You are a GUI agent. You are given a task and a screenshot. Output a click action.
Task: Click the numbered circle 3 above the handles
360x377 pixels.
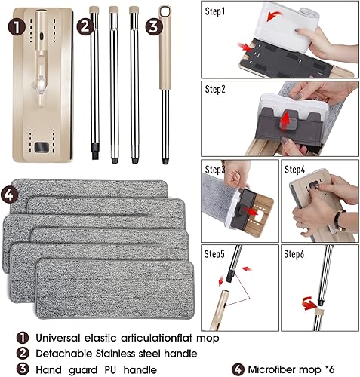coord(154,25)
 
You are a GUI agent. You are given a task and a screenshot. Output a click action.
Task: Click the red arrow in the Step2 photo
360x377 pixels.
coord(285,121)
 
